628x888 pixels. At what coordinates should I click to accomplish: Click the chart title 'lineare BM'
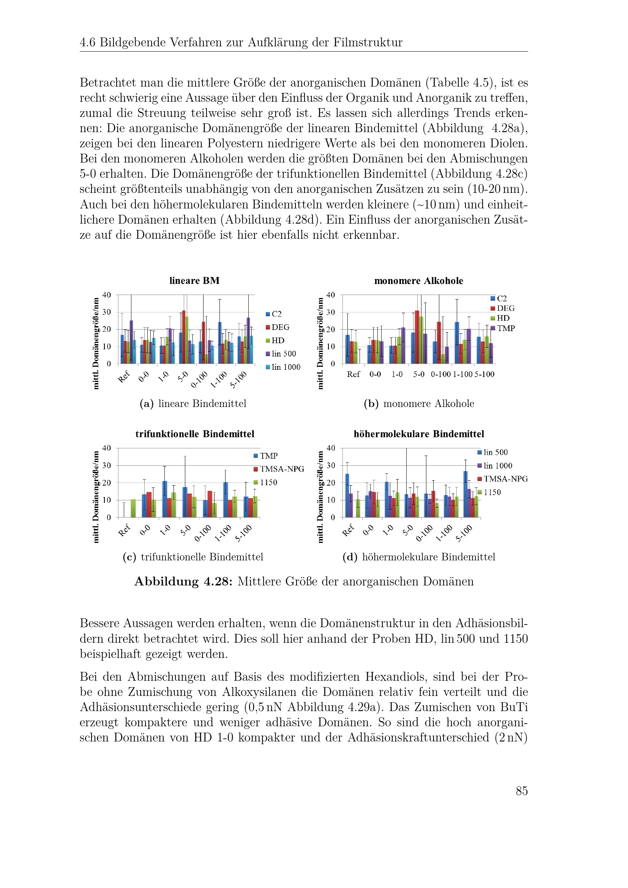194,281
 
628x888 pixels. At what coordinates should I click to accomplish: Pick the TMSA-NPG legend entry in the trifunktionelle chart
279,469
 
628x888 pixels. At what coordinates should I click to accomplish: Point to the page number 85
521,791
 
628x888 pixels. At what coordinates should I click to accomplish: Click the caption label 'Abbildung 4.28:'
183,582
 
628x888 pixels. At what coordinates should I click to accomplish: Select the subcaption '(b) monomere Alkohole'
419,404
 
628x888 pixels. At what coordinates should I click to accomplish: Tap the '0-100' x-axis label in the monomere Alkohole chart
441,374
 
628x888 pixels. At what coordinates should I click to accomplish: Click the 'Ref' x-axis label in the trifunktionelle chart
124,530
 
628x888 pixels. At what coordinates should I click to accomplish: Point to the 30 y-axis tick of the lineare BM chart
107,312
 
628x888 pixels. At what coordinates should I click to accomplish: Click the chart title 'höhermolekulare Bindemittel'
419,434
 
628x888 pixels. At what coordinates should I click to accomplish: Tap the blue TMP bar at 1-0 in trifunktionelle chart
165,499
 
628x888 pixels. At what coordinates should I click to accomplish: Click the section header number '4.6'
88,43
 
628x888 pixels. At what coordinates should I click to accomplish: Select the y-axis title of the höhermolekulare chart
320,497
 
